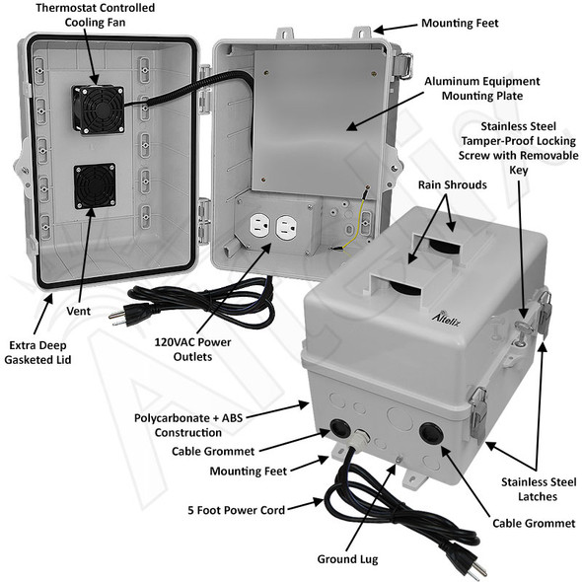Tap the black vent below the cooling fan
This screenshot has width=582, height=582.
click(95, 185)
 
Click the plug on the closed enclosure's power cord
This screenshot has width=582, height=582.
click(462, 564)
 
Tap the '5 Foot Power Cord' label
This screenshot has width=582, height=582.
click(238, 510)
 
